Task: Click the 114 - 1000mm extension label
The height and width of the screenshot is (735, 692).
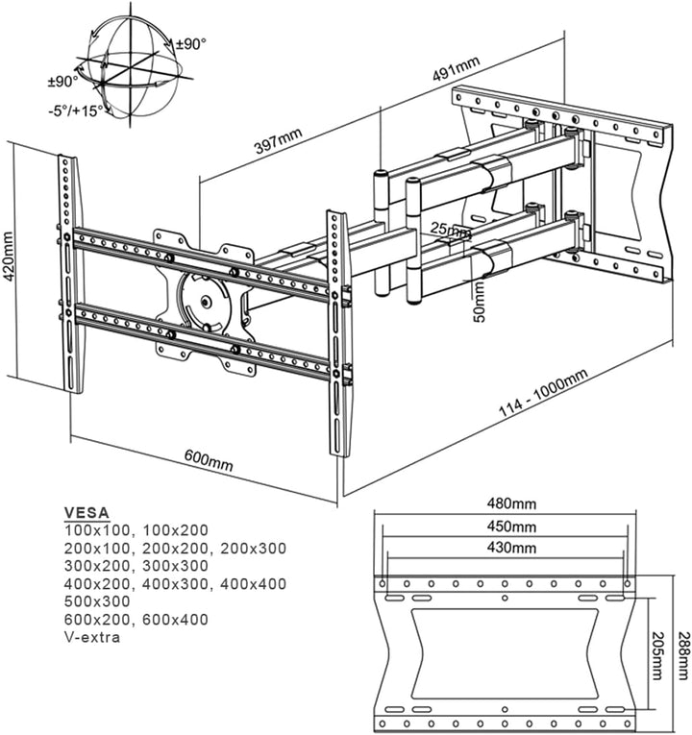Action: click(x=543, y=394)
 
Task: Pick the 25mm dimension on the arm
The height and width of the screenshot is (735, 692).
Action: click(x=451, y=232)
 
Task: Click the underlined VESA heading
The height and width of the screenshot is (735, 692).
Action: click(x=86, y=512)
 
